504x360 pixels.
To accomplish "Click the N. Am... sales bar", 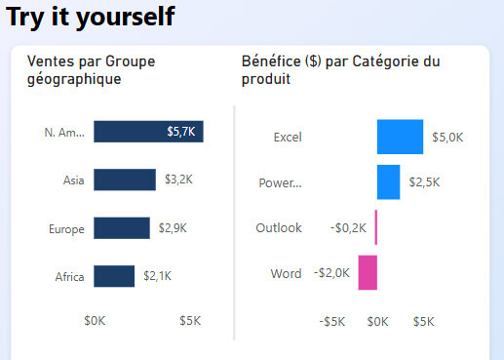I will pos(148,132).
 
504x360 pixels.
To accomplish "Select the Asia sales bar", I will pos(125,180).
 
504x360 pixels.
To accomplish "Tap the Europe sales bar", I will pos(122,228).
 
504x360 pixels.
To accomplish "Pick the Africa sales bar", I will pos(114,276).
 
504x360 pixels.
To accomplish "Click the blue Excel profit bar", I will pos(400,137).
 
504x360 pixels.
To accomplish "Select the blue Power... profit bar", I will pos(388,182).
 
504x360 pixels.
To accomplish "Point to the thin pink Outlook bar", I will pos(376,228).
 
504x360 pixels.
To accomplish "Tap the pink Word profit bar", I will pos(368,273).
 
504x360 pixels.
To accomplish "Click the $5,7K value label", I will pos(181,132).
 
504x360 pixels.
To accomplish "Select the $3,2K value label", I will pos(178,180).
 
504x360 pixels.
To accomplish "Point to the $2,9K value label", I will pos(173,228).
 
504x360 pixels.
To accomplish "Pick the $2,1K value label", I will pos(157,276).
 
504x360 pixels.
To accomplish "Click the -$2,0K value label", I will pos(331,273).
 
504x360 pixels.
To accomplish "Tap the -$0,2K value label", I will pos(349,228).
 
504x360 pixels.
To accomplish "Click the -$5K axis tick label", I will pos(332,321).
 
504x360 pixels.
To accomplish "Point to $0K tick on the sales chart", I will pos(96,320).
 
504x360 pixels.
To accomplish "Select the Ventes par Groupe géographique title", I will pos(91,70).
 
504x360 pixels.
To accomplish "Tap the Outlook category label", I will pos(278,228).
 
